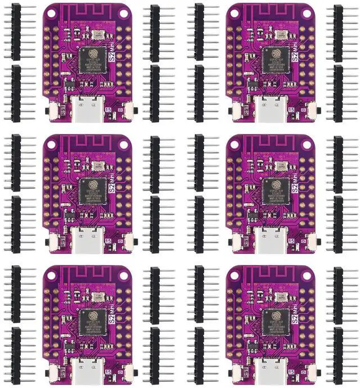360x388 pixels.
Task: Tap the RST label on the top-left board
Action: point(62,110)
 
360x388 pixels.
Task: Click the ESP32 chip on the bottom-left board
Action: point(90,320)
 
